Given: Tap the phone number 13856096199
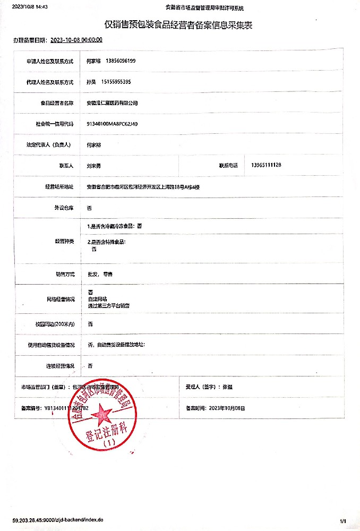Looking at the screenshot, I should tap(121, 61).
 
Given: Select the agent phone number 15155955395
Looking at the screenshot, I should tap(115, 82).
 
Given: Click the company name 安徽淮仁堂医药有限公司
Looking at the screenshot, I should tap(112, 103).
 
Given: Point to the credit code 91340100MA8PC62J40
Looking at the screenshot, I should tap(112, 124).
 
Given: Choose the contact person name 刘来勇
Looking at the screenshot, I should tap(93, 166).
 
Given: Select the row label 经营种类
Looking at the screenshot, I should tap(64, 241).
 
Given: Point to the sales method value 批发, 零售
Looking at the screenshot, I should tap(100, 275).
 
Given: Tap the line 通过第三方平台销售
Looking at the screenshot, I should tap(109, 306).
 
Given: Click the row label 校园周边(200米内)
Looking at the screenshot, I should tap(55, 324).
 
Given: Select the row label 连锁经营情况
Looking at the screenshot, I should tap(59, 366).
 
